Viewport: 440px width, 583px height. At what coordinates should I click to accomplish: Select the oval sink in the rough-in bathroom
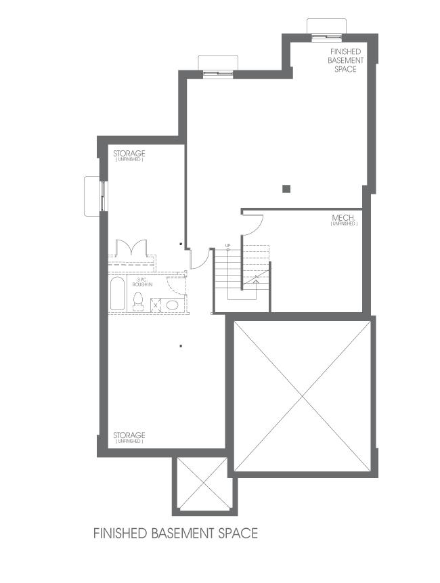(173, 305)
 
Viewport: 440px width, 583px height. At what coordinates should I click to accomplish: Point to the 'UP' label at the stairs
(228, 244)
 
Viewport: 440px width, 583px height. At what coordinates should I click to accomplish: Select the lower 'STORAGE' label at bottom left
(129, 435)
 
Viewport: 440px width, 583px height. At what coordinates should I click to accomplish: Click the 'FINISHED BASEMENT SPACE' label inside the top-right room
(346, 60)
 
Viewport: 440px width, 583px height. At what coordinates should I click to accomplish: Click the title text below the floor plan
(175, 533)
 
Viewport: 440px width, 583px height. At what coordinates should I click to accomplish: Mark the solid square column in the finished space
(287, 188)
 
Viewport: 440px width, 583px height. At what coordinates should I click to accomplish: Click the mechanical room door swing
(253, 222)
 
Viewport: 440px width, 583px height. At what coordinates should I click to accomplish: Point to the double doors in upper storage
(131, 248)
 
